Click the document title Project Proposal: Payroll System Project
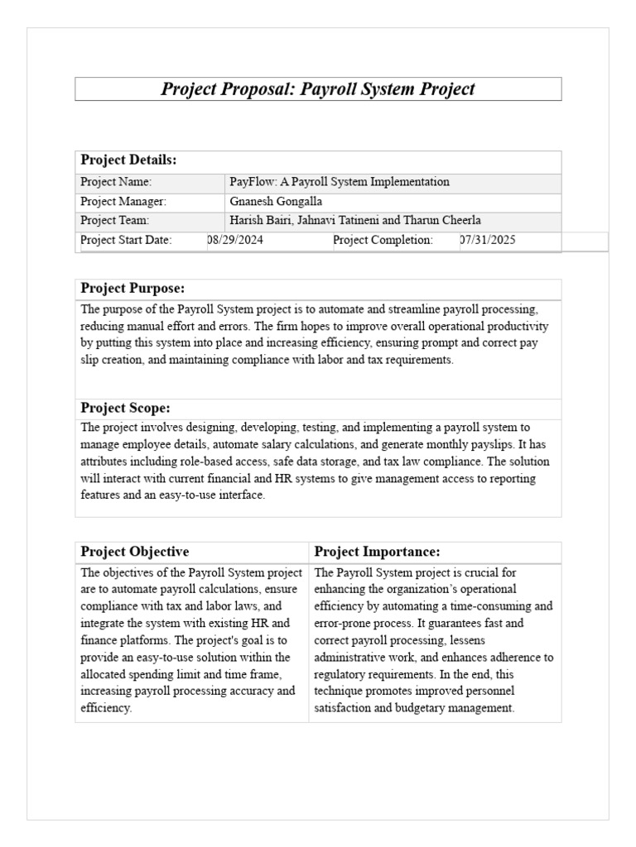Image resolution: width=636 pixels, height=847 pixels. tap(318, 89)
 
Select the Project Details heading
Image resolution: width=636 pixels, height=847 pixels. tap(128, 160)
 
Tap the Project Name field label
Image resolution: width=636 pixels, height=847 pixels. tap(116, 182)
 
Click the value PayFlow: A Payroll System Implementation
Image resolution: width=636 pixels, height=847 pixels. tap(339, 182)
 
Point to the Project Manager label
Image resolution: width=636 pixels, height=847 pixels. tap(123, 201)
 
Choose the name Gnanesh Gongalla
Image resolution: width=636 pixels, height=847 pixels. tap(276, 201)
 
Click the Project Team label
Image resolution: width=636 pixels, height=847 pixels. tap(114, 220)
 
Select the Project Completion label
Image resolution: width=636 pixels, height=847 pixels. tap(383, 240)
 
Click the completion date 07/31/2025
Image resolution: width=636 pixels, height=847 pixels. tap(489, 240)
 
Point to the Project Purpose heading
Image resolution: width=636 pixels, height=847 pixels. tap(132, 289)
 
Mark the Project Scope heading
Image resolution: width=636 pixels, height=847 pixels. tap(125, 408)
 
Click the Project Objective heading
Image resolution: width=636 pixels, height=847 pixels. tap(134, 552)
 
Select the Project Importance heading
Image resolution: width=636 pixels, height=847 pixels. tap(377, 552)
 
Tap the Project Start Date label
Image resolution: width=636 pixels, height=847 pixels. tap(126, 240)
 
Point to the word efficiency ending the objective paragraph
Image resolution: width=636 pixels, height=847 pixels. tap(105, 709)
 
